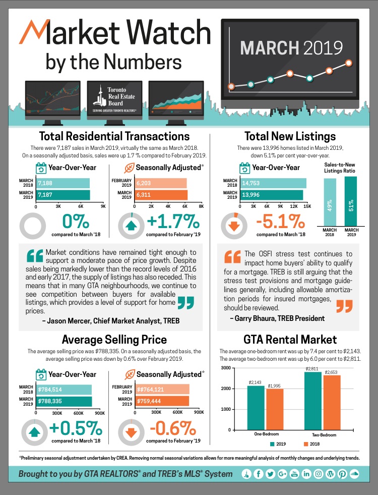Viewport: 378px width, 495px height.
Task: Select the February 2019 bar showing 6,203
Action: [160, 184]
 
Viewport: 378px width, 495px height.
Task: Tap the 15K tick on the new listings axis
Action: [307, 206]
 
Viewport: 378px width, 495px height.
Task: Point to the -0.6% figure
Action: [174, 429]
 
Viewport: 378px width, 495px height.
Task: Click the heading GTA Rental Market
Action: [290, 339]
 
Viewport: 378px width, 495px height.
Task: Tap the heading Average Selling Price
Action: [114, 339]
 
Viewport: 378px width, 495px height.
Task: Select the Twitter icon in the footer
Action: [270, 474]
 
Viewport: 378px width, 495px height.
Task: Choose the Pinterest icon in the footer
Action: [342, 474]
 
